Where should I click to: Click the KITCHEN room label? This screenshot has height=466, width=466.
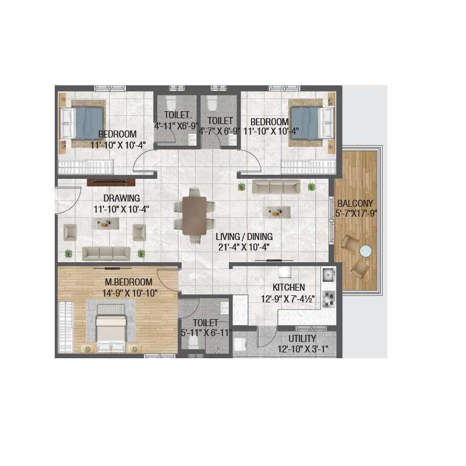[x=288, y=287]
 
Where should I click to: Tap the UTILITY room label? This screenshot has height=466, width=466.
[x=302, y=338]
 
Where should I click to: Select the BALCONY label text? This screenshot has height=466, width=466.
[x=355, y=203]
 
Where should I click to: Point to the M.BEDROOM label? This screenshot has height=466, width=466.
[x=129, y=282]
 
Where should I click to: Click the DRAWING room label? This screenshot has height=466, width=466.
[x=122, y=198]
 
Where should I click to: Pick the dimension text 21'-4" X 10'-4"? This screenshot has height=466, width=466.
[x=244, y=247]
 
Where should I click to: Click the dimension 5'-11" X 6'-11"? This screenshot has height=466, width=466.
[x=206, y=333]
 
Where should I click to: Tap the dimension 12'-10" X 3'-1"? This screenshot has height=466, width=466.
[x=303, y=349]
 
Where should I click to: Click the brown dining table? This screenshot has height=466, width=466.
[x=195, y=216]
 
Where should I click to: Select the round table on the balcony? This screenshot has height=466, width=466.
[x=366, y=251]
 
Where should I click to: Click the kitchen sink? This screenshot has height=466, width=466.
[x=328, y=275]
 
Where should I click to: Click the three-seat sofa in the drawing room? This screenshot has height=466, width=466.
[x=106, y=253]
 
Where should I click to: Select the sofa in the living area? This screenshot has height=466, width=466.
[x=276, y=186]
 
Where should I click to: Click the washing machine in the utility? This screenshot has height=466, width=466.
[x=239, y=344]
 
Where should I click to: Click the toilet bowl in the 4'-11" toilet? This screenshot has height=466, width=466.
[x=171, y=103]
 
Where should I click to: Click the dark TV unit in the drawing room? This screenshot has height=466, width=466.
[x=111, y=182]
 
